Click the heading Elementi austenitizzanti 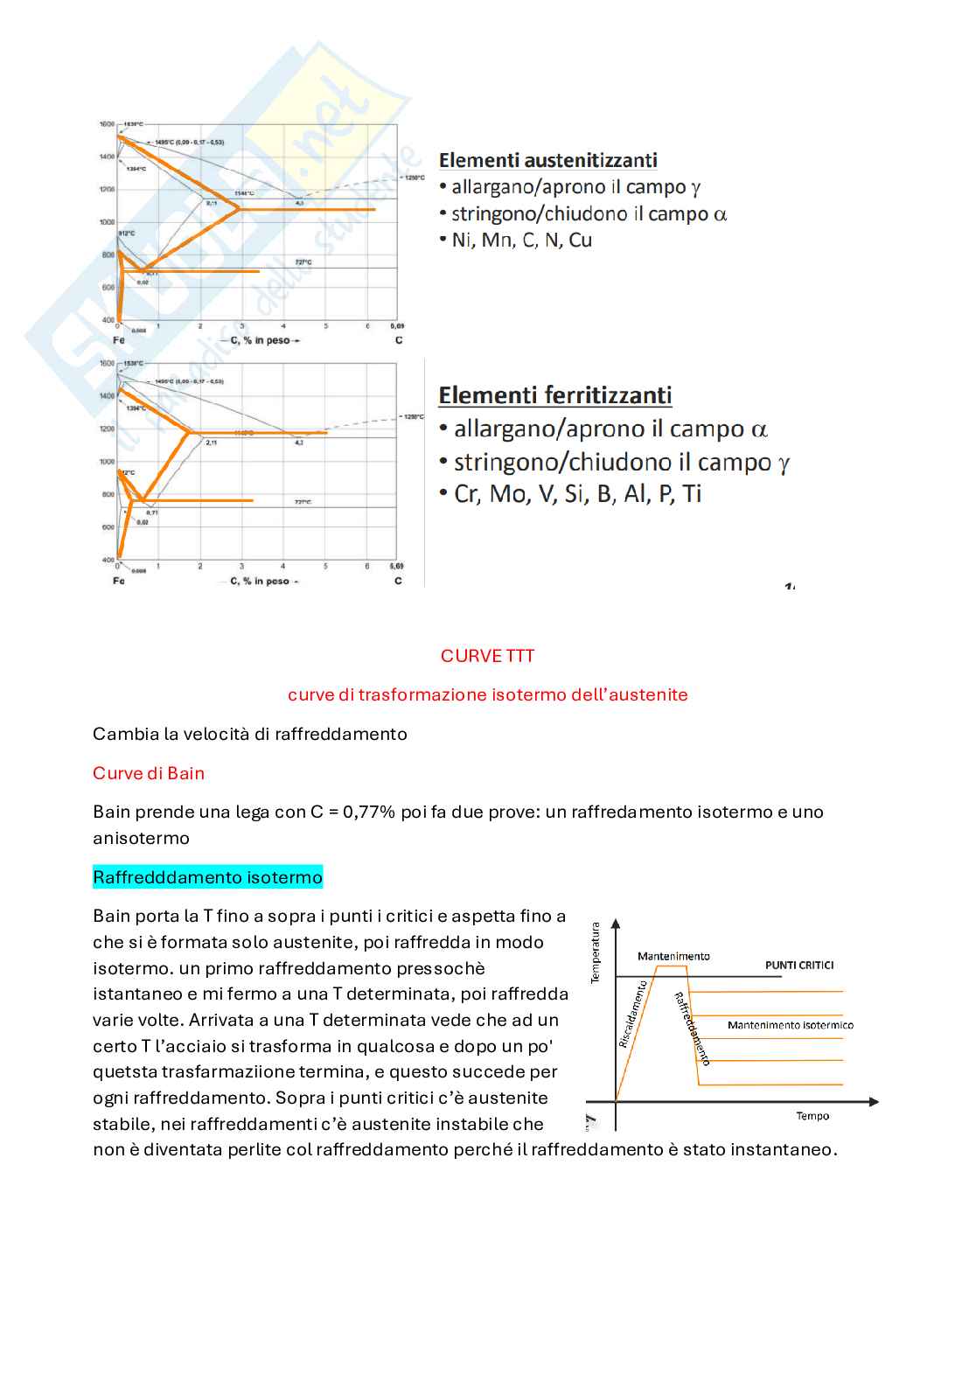(547, 160)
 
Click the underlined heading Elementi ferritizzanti (554, 395)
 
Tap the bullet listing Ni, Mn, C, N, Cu (521, 241)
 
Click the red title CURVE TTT (487, 656)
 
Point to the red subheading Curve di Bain (149, 773)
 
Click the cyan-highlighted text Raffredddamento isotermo (207, 877)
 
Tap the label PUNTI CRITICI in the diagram (799, 965)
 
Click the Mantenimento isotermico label (790, 1025)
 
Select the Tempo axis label (812, 1116)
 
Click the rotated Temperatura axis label (596, 953)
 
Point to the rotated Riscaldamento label (633, 1015)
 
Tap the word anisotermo (141, 838)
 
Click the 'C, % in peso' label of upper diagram (260, 340)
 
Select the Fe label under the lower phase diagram (119, 581)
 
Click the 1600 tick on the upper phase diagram (107, 124)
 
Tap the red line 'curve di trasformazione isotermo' (487, 694)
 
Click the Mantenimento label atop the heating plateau (673, 956)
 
